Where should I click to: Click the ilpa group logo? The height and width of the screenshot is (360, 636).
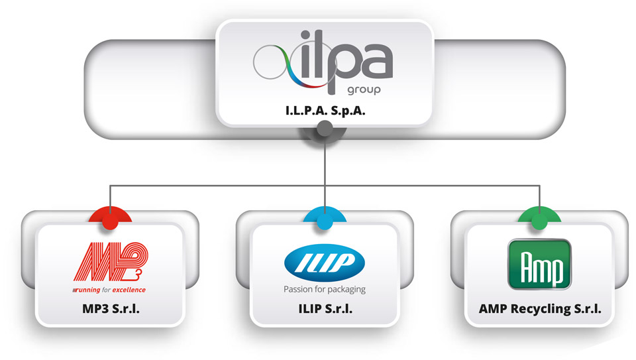tap(324, 64)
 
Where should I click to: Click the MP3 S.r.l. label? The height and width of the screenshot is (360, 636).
tap(110, 308)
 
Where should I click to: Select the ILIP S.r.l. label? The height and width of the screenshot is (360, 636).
tap(324, 308)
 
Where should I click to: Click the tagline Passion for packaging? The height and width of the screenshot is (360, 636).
tap(324, 289)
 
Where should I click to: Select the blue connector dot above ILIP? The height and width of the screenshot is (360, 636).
tap(324, 223)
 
